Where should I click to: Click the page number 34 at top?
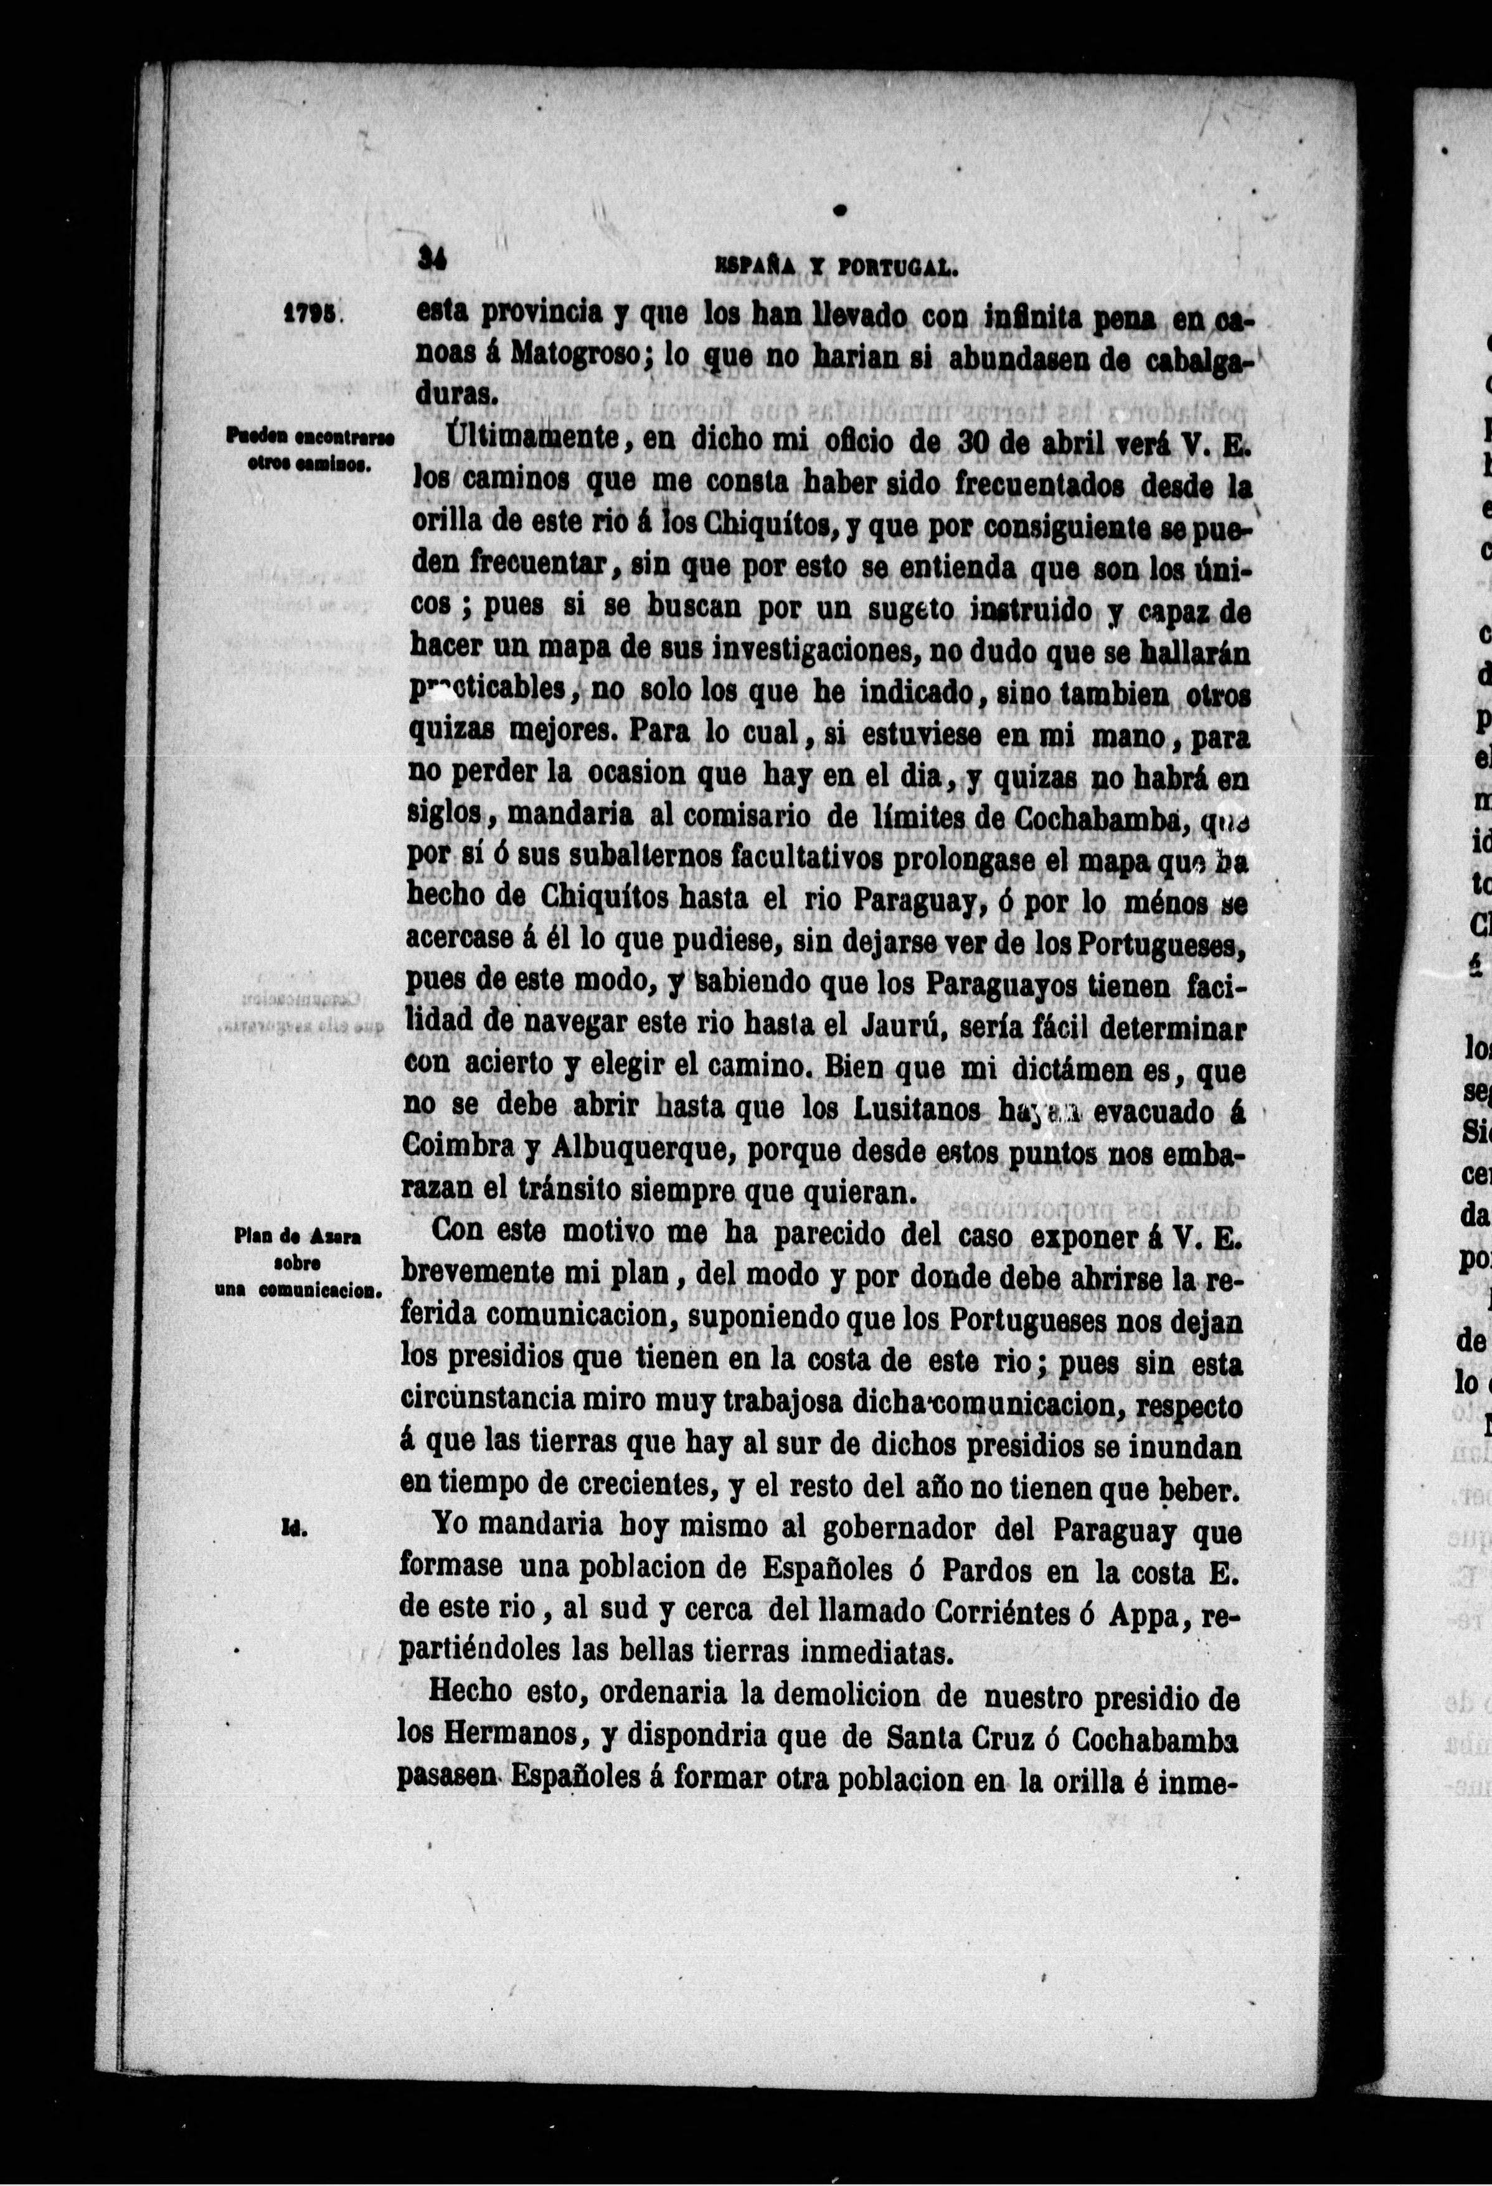(433, 260)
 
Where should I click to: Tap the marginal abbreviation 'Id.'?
(290, 1529)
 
